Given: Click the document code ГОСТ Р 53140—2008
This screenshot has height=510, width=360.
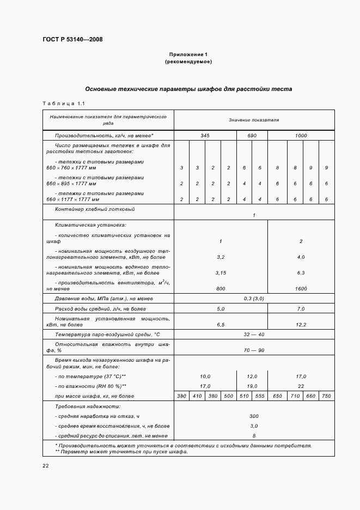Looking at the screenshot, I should pyautogui.click(x=72, y=40).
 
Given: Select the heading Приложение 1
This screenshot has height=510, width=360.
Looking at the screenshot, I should pyautogui.click(x=188, y=54).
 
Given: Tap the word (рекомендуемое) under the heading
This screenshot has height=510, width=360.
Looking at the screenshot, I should pyautogui.click(x=188, y=62).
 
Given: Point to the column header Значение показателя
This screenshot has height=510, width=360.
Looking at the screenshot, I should pyautogui.click(x=254, y=119).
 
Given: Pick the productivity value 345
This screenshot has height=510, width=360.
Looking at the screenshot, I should pyautogui.click(x=205, y=135).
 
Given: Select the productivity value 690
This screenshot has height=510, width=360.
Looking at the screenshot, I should pyautogui.click(x=252, y=135).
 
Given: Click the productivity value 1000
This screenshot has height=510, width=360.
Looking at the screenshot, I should pyautogui.click(x=301, y=135).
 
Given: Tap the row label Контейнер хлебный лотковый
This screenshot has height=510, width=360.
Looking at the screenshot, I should pyautogui.click(x=95, y=209).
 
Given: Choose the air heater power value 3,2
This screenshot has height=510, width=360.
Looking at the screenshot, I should pyautogui.click(x=221, y=256).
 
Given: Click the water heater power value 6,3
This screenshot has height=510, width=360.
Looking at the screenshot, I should pyautogui.click(x=301, y=272).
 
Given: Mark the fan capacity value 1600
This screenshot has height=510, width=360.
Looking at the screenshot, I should pyautogui.click(x=301, y=289).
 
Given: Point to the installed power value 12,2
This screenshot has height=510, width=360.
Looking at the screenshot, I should pyautogui.click(x=301, y=324).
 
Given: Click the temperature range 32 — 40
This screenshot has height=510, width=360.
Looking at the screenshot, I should pyautogui.click(x=254, y=334).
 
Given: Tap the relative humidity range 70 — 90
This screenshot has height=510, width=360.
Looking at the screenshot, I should pyautogui.click(x=254, y=350).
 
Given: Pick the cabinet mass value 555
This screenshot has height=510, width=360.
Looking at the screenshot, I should pyautogui.click(x=259, y=396).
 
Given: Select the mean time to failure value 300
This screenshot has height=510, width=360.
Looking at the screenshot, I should pyautogui.click(x=254, y=416).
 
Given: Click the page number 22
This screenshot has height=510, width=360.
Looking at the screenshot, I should pyautogui.click(x=46, y=465).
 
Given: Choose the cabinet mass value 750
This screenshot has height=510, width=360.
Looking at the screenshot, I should pyautogui.click(x=326, y=396).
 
